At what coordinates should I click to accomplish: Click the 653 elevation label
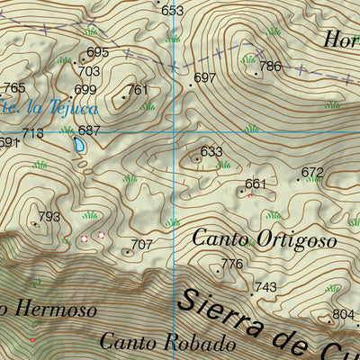pos(172,11)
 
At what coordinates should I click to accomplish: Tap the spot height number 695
pos(98,52)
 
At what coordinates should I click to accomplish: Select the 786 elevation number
pos(270,67)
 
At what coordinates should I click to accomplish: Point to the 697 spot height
pos(205,78)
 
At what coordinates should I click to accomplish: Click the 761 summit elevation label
pos(137,90)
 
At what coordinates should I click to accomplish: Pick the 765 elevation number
pos(14,88)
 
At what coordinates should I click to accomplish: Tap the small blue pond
pos(81,144)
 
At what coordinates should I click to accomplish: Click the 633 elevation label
pos(211,152)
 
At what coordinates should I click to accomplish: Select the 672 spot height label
pos(312,172)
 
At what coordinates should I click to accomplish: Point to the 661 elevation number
pos(256,184)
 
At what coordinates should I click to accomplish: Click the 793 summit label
pos(49,217)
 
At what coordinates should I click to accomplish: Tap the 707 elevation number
pos(141,245)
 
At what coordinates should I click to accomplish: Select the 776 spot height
pos(232,264)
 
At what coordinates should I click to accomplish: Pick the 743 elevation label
pos(265,287)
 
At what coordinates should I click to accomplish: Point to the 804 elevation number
pos(343,314)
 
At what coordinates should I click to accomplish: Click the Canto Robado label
pos(167,342)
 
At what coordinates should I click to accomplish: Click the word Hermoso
pos(54,310)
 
